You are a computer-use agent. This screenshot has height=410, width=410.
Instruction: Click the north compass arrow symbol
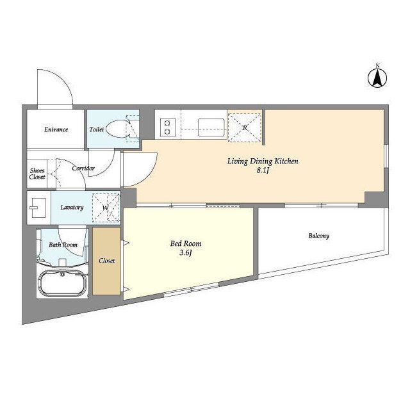(x=377, y=78)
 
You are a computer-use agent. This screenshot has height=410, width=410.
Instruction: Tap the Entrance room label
(x=56, y=129)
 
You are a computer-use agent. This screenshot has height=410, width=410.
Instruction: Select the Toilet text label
(x=97, y=129)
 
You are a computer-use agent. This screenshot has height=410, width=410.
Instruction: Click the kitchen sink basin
(x=211, y=127)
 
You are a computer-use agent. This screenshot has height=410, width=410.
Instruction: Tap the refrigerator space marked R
(x=245, y=128)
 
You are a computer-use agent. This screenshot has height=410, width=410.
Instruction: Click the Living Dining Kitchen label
(x=263, y=161)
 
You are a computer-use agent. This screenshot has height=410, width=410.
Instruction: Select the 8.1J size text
(x=263, y=171)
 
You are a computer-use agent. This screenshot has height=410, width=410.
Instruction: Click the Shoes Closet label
(x=37, y=174)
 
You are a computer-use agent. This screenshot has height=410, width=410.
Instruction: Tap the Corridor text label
(x=83, y=168)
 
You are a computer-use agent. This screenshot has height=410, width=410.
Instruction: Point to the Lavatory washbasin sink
(x=38, y=208)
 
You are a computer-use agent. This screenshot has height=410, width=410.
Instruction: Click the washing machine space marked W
(x=106, y=208)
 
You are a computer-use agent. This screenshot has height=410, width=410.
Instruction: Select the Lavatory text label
(x=72, y=208)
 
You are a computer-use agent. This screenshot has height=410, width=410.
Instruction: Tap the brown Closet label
(x=107, y=261)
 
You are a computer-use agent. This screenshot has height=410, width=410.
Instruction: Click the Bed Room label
(x=186, y=243)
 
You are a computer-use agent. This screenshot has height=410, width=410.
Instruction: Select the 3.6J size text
(x=186, y=253)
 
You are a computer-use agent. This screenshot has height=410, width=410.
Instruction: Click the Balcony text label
(x=319, y=236)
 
